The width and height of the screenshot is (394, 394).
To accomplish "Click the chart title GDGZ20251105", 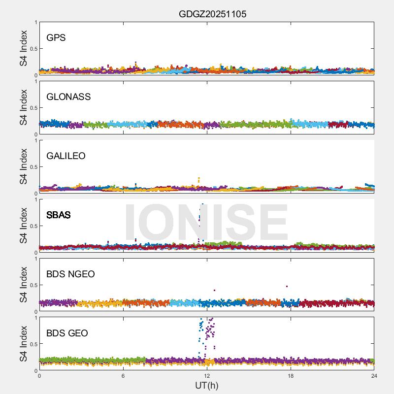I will (212, 14).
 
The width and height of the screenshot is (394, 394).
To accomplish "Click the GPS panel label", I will (56, 37).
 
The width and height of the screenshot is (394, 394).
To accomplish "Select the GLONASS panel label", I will (68, 97).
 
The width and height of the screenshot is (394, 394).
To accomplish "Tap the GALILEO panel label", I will (66, 156).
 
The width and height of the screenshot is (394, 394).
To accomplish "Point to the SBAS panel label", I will (58, 215).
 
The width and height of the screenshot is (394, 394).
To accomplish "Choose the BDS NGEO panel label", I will (70, 274).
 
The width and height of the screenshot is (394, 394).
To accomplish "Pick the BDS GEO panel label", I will (67, 333).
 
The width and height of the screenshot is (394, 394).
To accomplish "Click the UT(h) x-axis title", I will (207, 385).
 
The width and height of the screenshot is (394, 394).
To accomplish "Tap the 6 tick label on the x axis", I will (123, 376).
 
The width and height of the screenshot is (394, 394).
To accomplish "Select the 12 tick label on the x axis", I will (207, 376).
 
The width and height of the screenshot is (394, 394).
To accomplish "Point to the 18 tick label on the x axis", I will (291, 376).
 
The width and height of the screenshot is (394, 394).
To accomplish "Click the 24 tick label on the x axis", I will (374, 376).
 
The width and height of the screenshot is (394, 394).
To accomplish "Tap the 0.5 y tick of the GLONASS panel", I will (33, 108).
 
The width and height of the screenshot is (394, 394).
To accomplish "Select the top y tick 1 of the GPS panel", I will (35, 22).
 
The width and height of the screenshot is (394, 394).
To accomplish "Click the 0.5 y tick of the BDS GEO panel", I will (33, 344).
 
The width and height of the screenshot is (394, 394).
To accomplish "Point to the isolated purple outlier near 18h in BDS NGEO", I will (287, 286).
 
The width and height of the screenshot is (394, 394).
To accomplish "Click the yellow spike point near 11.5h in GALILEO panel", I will (199, 178).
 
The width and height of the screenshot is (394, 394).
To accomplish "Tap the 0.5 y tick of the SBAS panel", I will (33, 226).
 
